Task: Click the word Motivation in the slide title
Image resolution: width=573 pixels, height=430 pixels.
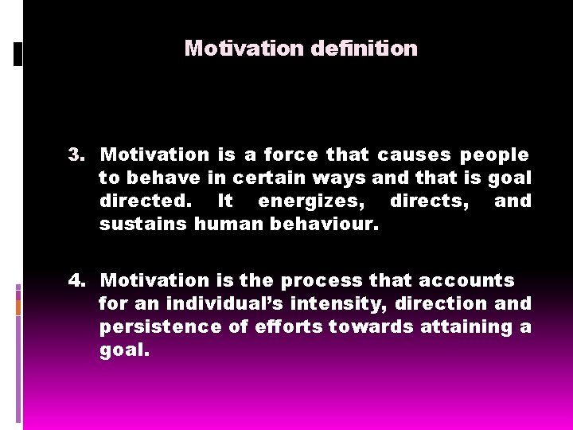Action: (x=244, y=49)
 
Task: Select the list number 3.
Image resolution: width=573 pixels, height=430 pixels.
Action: (x=76, y=154)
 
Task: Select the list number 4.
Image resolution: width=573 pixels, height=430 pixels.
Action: (x=76, y=280)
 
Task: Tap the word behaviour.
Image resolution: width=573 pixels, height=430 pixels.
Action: (x=325, y=224)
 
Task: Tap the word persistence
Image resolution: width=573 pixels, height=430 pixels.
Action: (x=158, y=326)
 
